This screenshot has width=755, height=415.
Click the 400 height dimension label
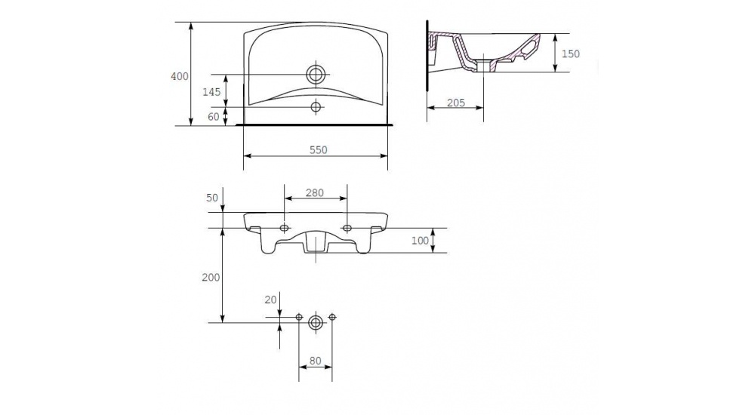point(180,76)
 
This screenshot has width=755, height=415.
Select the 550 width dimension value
point(319,150)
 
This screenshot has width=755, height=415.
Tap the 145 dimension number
point(211,91)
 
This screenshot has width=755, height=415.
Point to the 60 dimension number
point(214,116)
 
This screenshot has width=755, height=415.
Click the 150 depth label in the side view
point(571,54)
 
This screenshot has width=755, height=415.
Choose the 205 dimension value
point(456,103)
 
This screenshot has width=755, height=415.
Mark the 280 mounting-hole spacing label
point(315,192)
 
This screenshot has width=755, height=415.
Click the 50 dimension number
point(212,198)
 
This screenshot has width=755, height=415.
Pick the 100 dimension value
point(420,240)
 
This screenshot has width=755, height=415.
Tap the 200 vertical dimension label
point(211,278)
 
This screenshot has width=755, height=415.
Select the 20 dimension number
point(271,300)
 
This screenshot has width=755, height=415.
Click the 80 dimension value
point(316,361)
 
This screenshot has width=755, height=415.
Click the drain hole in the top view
point(316,75)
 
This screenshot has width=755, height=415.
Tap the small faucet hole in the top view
point(316,106)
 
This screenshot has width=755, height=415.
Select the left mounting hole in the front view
point(285,227)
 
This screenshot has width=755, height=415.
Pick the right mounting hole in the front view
point(347,227)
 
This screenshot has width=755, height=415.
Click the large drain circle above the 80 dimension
point(316,322)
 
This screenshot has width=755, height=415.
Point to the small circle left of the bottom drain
point(299,317)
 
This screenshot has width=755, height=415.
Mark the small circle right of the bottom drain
point(331,317)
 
